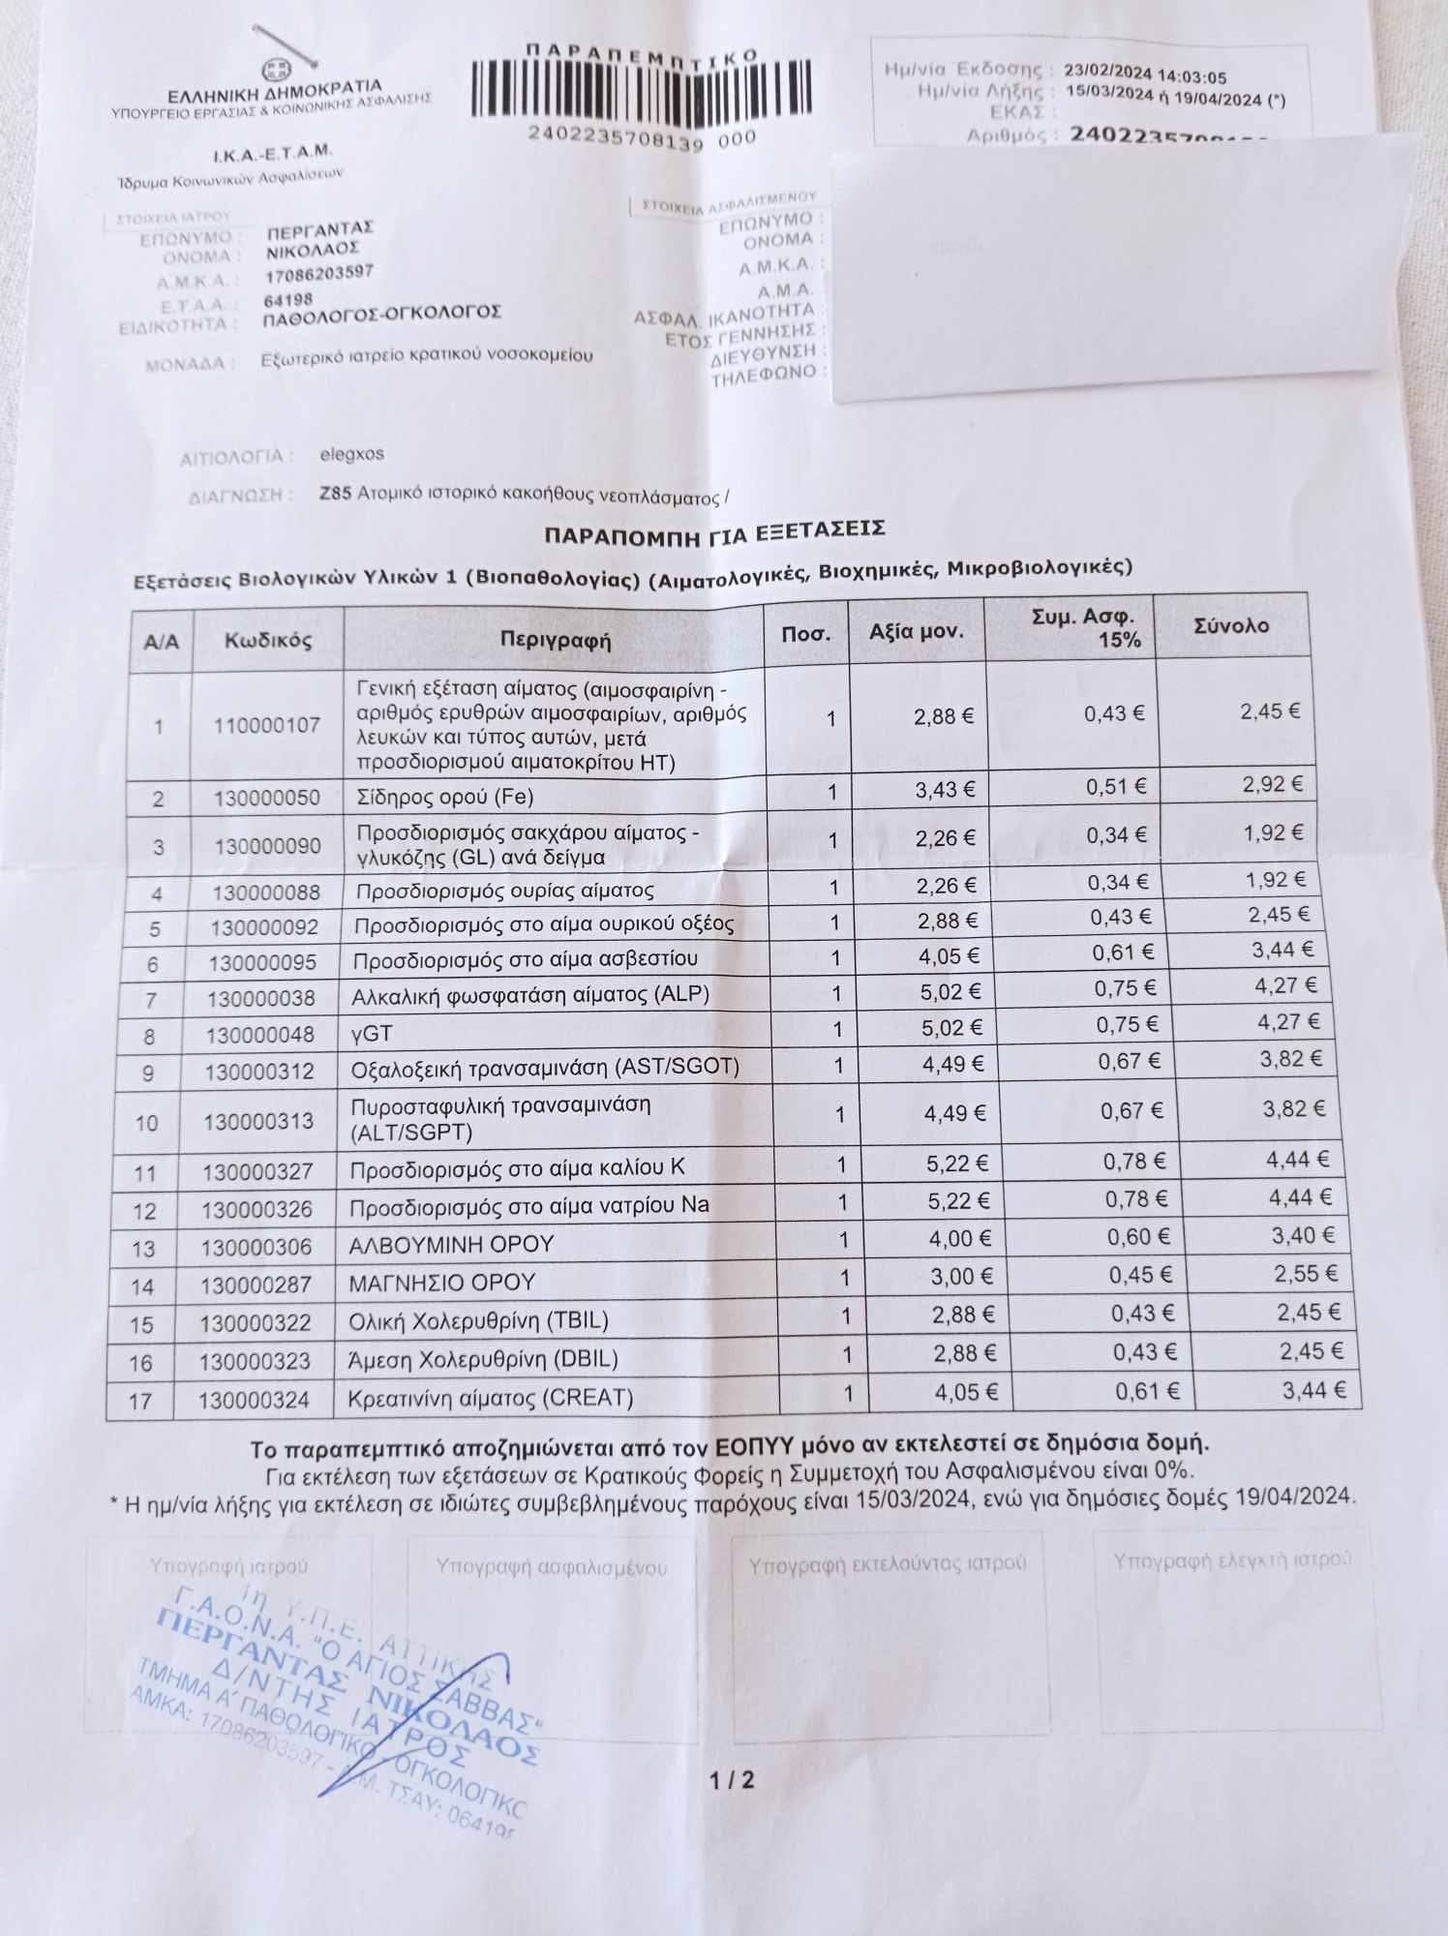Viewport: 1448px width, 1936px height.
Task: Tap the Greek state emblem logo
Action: coord(274,71)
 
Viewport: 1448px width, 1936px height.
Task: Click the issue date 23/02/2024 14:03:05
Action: coord(1144,75)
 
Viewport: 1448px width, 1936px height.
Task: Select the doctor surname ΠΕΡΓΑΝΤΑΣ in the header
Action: coord(320,230)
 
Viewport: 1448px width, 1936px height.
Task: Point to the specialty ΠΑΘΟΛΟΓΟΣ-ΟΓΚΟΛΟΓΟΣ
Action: coord(382,315)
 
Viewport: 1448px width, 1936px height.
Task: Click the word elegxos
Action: coord(351,453)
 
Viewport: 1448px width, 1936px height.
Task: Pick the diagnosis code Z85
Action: coord(335,494)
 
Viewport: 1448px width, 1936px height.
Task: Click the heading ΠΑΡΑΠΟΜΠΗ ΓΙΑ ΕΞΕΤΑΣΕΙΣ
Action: coord(714,531)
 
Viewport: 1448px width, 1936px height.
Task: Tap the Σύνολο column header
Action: coord(1231,626)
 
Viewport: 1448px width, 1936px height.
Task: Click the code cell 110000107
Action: coord(267,725)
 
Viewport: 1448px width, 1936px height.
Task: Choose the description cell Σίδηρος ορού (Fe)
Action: coord(445,798)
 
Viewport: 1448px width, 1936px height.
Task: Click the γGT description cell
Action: coord(372,1033)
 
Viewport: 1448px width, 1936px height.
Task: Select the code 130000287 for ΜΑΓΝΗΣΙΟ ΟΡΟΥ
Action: coord(256,1285)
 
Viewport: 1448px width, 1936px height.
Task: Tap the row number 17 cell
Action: coord(141,1400)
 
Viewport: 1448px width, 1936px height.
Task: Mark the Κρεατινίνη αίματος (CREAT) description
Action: coord(491,1398)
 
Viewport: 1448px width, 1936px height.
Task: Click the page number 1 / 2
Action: coord(731,1780)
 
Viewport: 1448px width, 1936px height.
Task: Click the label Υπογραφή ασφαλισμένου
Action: coord(551,1566)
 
